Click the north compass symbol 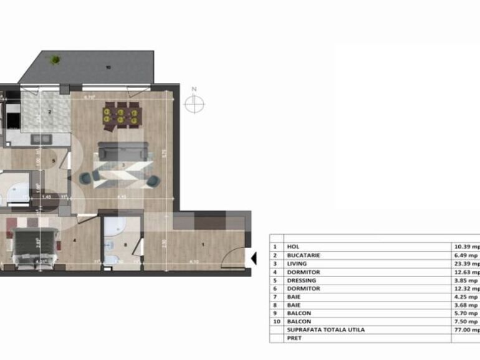(194, 104)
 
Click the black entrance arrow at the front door (253, 256)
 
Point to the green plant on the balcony (55, 60)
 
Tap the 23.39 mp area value (466, 263)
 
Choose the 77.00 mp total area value (466, 329)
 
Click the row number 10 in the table (275, 321)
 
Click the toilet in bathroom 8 (110, 260)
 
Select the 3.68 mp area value (465, 305)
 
